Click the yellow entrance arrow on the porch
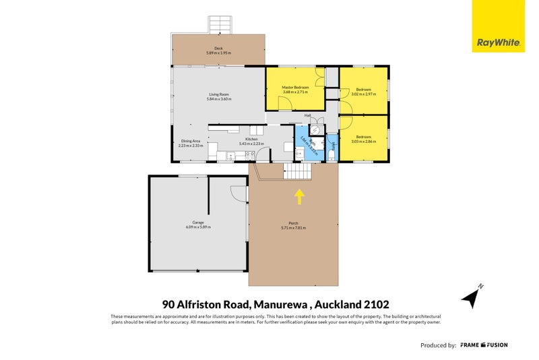point(299,196)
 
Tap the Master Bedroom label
point(295,88)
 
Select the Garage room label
point(198,222)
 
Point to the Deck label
point(218,49)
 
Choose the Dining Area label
point(190,140)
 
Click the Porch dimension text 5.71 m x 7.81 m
point(293,228)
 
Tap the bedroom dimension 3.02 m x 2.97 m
point(363,94)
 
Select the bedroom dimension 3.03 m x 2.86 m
point(363,142)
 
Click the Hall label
point(307,116)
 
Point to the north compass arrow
point(471,295)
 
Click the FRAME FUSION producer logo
point(484,345)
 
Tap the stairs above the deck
point(220,25)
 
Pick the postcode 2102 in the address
point(375,305)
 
